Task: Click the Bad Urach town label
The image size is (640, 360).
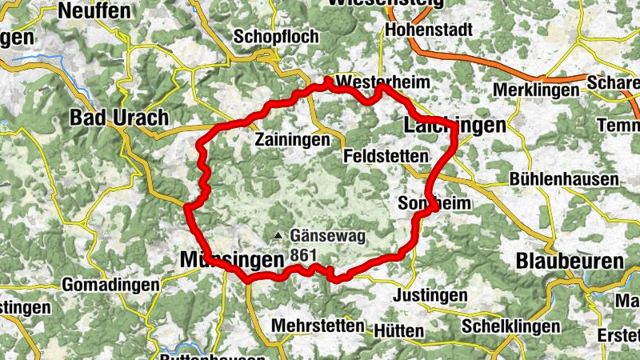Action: [119, 118]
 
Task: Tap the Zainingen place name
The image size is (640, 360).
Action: [292, 140]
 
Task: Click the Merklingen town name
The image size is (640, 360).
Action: [536, 90]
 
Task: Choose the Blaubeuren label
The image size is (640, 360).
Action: [570, 261]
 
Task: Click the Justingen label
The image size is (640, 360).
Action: [430, 296]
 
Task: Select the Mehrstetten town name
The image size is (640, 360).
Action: [318, 326]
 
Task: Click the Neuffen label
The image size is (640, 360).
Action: [94, 11]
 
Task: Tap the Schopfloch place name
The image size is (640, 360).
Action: [276, 37]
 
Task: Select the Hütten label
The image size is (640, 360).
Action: [398, 330]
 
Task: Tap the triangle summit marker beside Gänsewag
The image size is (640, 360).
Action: [278, 235]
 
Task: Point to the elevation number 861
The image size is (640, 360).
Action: [305, 254]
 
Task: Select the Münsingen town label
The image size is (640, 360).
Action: [232, 260]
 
